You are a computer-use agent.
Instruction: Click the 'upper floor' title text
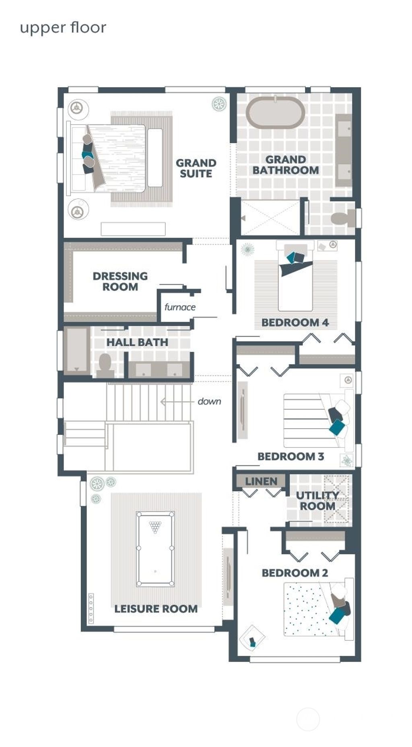63,28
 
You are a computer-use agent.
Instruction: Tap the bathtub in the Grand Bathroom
275,112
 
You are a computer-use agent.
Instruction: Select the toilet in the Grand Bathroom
342,218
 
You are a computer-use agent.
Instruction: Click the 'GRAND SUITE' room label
196,168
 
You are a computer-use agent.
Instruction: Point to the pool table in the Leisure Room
155,549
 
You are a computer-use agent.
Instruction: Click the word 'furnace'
180,307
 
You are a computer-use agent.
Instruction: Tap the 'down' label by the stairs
209,401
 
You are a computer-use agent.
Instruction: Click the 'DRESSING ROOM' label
120,281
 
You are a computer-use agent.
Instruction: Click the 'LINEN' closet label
261,481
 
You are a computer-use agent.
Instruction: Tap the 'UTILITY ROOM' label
317,501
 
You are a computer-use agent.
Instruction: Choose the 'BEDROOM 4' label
295,322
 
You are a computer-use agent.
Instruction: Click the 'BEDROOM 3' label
290,456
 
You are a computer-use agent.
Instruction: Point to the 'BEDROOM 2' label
295,573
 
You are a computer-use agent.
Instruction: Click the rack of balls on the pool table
155,526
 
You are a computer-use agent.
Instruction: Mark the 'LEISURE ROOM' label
156,609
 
